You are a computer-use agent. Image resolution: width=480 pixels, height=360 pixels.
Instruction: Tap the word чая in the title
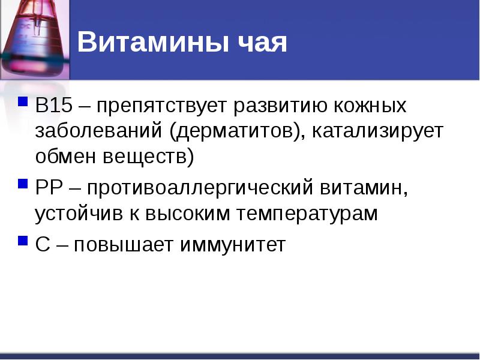pos(262,44)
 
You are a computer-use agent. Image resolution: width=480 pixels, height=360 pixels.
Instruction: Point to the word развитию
pos(279,107)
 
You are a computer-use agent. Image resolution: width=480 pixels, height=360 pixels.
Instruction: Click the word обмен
pos(64,157)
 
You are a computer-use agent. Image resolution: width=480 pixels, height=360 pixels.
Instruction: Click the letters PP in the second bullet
pos(49,188)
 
